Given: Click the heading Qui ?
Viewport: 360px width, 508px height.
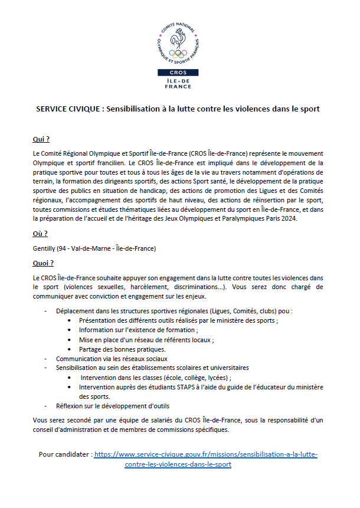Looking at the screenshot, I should [x=41, y=140].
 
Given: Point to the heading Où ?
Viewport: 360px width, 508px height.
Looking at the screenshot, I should [x=40, y=234].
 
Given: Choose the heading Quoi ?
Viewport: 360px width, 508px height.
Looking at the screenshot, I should [x=43, y=263].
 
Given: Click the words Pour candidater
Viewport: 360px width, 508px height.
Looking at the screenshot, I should [x=64, y=455].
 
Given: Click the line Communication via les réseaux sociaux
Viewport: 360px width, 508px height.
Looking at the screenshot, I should [x=112, y=358].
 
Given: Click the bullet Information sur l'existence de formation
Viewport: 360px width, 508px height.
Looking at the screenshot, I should [x=129, y=330].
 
